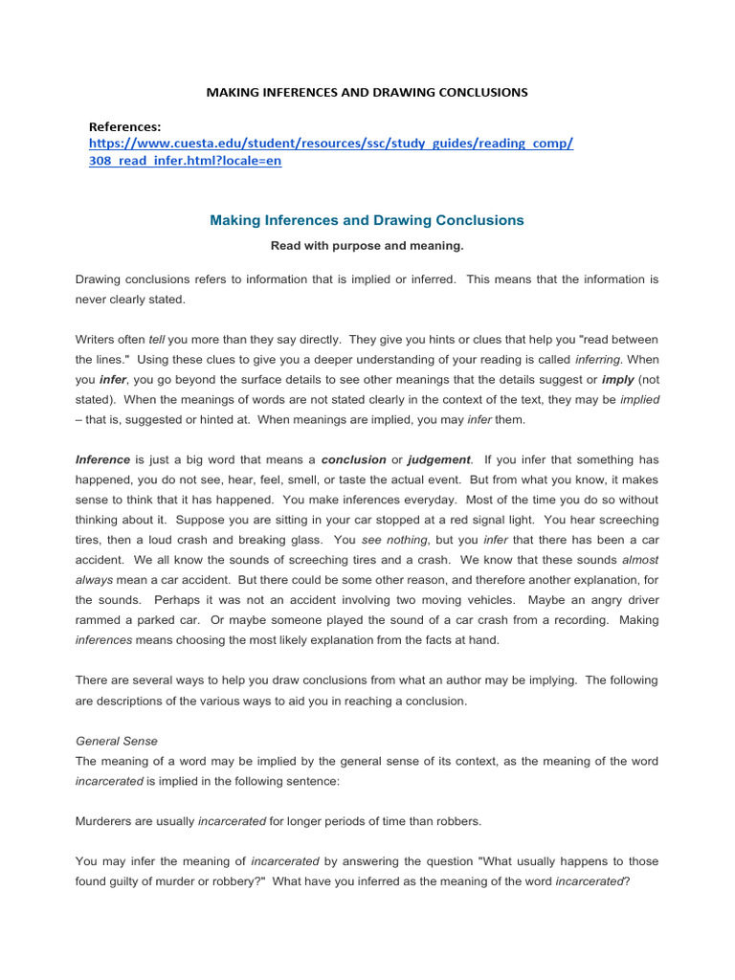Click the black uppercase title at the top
367,93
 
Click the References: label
124,126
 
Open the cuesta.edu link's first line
330,144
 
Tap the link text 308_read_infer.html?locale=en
185,161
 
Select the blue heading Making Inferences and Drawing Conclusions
367,220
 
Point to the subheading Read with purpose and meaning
367,246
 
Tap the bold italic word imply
618,379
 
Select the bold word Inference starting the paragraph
102,459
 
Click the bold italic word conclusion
353,459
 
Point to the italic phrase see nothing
388,540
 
